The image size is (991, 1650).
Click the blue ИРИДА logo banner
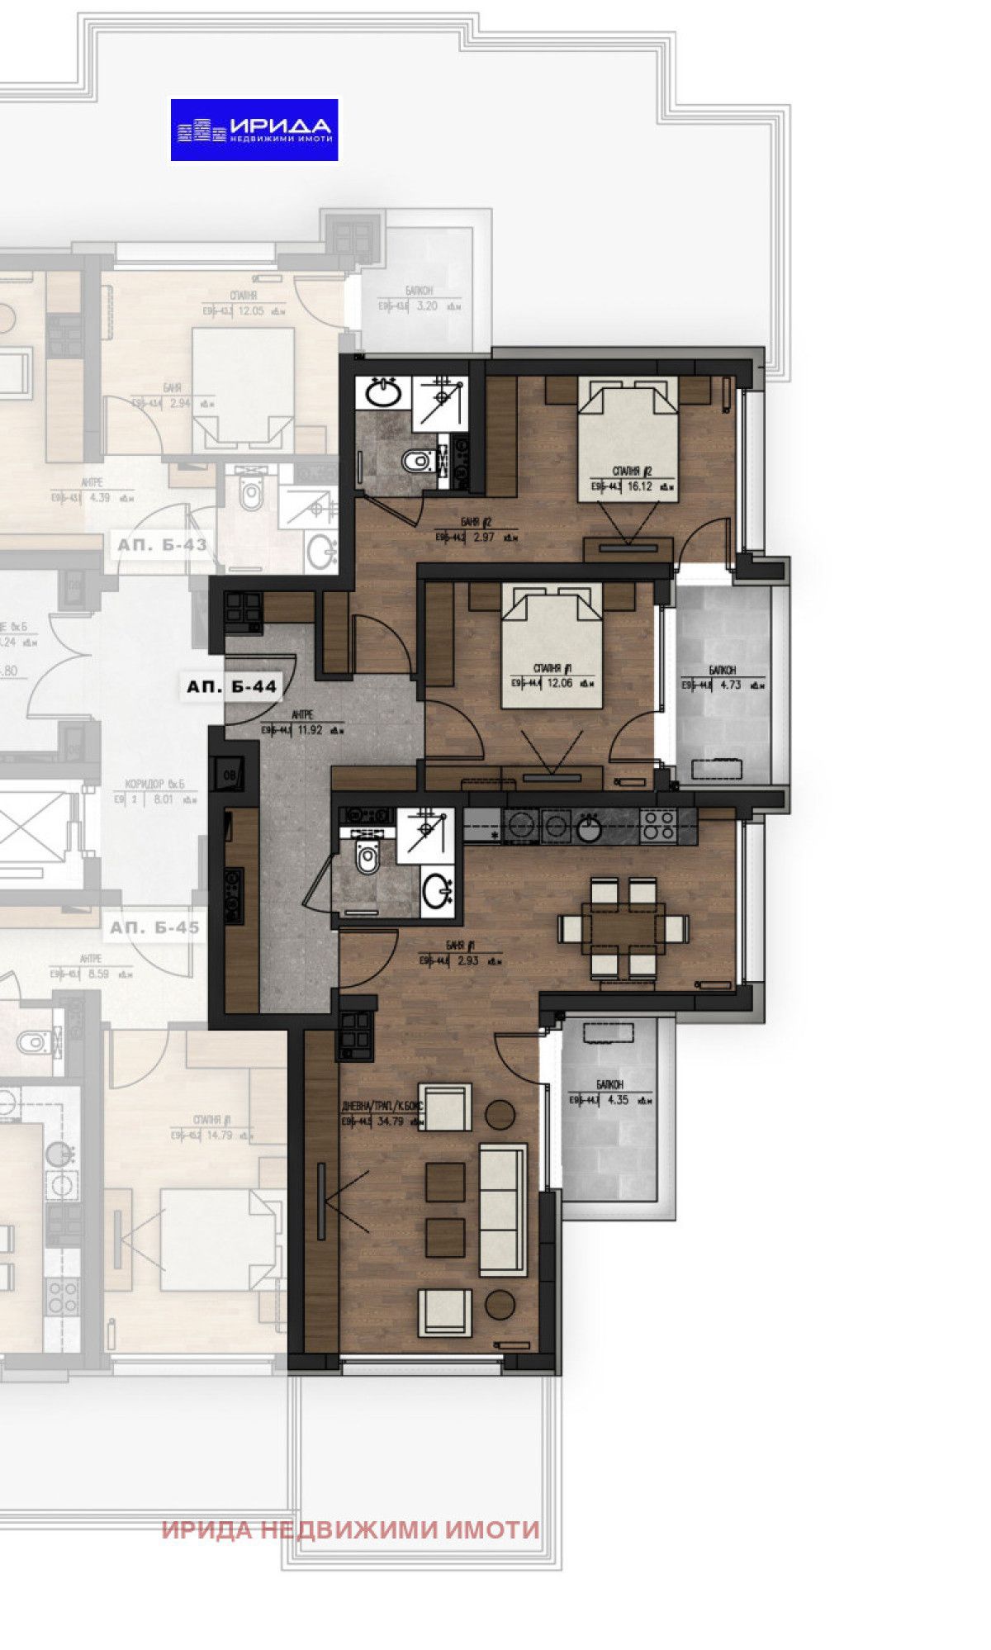254,130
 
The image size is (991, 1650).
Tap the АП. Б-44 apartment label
231,686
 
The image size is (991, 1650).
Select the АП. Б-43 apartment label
162,545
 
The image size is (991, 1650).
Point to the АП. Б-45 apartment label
155,927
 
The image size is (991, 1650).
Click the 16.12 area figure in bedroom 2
640,486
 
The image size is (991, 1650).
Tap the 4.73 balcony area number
730,684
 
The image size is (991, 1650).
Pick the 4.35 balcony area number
619,1099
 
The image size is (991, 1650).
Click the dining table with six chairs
624,928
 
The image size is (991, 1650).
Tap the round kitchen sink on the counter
589,828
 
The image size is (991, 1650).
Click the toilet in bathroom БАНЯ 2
418,461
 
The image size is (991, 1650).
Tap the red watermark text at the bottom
351,1529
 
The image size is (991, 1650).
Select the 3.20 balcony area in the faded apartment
427,306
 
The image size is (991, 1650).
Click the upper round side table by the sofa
500,1114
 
